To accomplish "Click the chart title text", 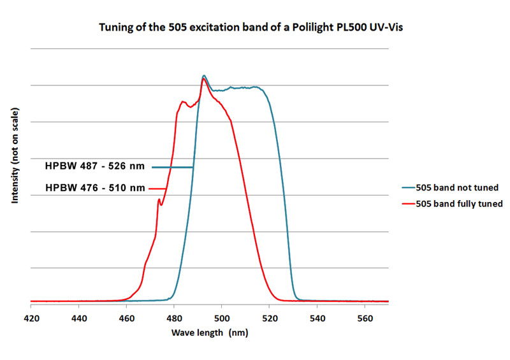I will [255, 29].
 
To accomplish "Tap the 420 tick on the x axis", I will [31, 317].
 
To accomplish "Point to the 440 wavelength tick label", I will [78, 317].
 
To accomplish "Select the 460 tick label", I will [126, 317].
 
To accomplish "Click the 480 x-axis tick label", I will [174, 317].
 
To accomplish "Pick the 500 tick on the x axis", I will [221, 317].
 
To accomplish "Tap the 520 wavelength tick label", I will [269, 317].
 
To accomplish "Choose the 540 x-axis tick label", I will [317, 317].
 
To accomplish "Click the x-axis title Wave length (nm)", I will [210, 333].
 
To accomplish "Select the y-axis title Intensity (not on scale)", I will [14, 156].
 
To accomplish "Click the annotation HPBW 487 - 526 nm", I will [95, 167].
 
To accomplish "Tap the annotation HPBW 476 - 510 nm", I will [95, 188].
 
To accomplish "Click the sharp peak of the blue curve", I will [204, 75].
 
